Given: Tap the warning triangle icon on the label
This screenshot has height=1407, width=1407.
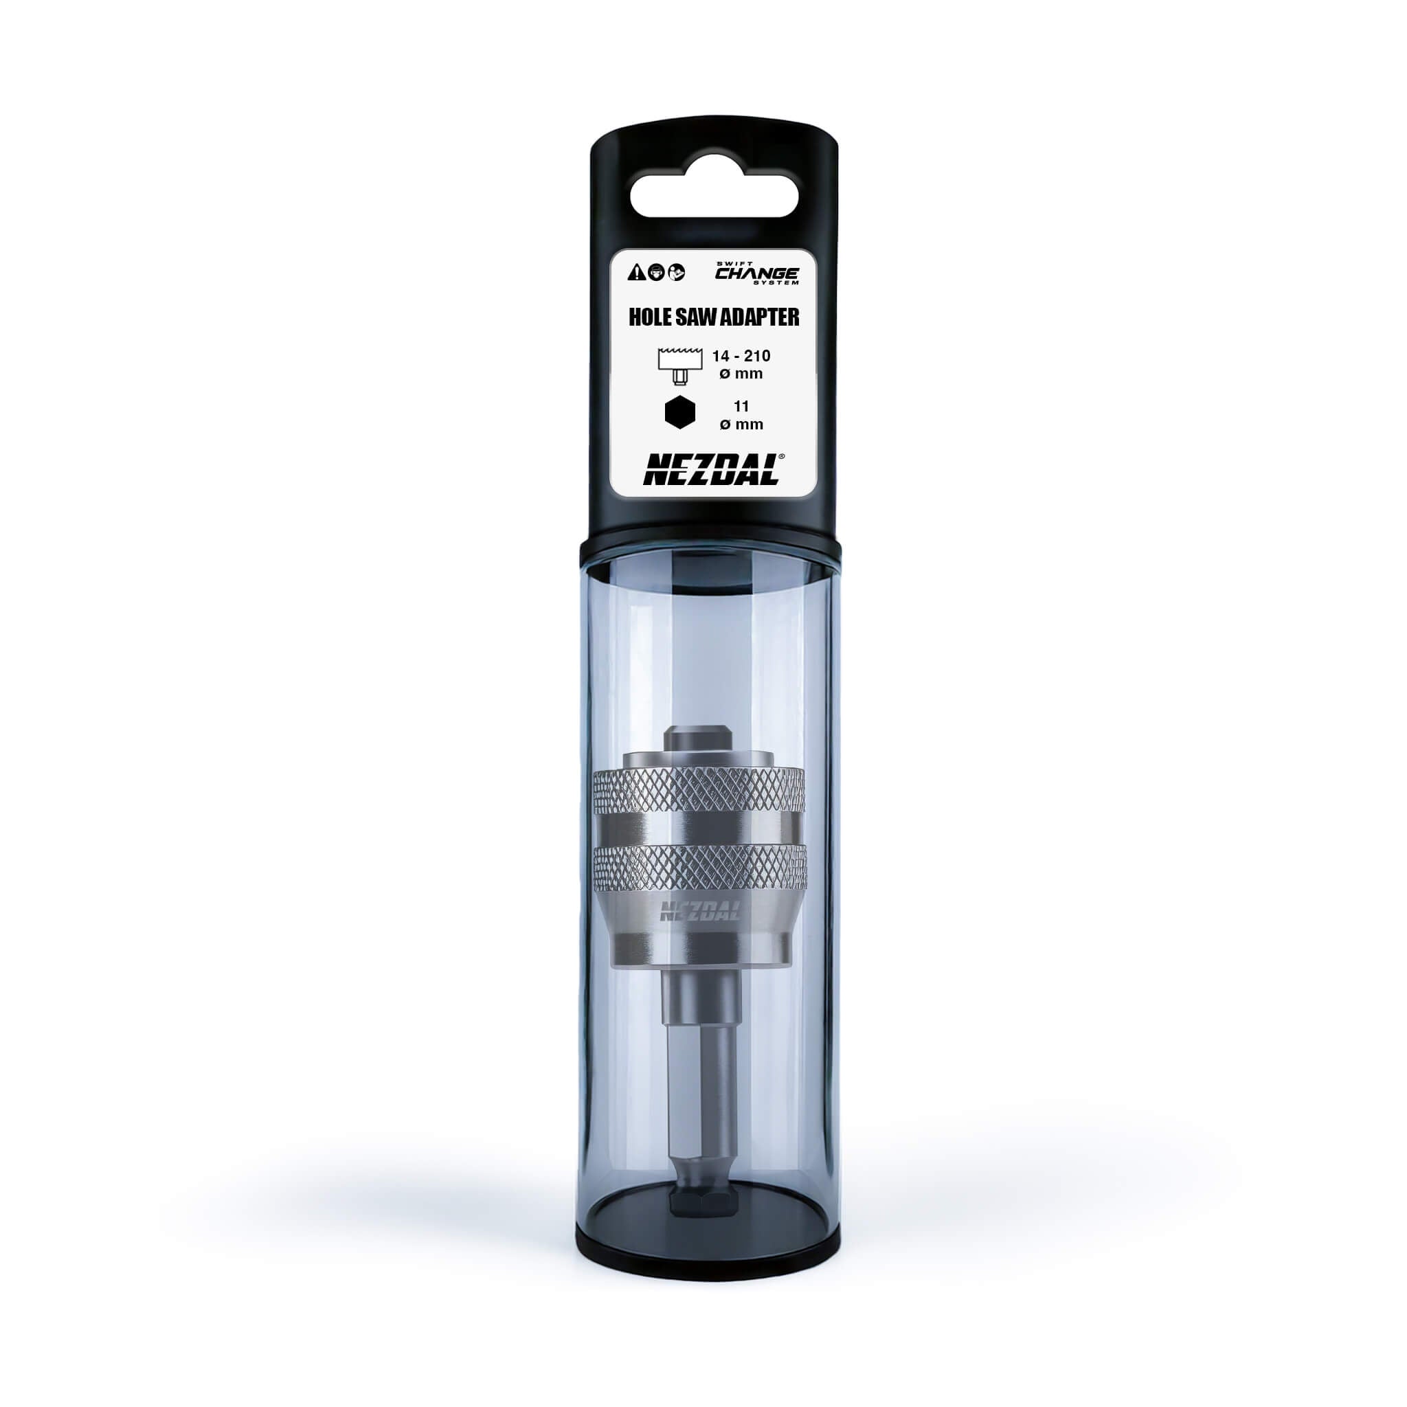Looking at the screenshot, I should (635, 272).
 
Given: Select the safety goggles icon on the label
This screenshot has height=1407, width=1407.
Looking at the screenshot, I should (655, 272).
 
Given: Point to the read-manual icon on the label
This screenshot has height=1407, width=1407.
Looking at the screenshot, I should (677, 272).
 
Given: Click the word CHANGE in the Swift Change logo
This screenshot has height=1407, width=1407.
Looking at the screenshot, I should (756, 274).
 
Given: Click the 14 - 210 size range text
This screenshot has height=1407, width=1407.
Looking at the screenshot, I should (741, 356).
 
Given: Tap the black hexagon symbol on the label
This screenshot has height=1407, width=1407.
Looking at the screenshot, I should (679, 413).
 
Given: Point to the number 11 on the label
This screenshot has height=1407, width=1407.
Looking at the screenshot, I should (741, 407).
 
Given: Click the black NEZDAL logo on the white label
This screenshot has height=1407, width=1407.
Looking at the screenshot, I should (710, 471).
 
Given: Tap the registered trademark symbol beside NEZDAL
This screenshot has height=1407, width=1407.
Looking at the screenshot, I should (781, 457).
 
